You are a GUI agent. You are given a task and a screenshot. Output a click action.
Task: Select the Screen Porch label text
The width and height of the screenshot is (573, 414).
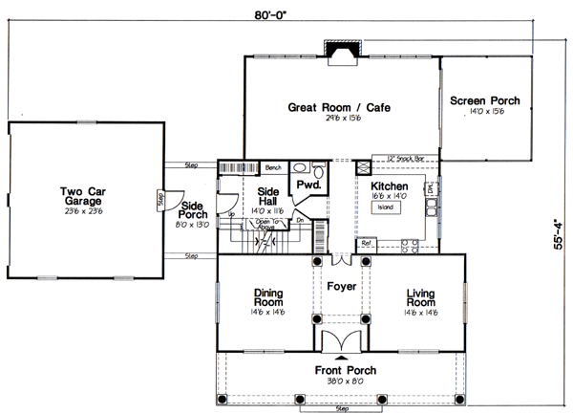point(484,100)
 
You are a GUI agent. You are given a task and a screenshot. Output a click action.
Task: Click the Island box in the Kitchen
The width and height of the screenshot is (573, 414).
point(386,206)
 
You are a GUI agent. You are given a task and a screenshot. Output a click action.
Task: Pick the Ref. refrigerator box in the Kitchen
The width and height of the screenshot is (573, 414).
point(366,244)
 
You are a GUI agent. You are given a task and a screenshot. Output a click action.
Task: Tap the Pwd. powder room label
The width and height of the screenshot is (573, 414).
point(308,184)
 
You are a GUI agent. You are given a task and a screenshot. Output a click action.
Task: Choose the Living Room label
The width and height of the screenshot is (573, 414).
point(420,298)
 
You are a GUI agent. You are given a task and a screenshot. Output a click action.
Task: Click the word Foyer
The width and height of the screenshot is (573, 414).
point(341,284)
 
